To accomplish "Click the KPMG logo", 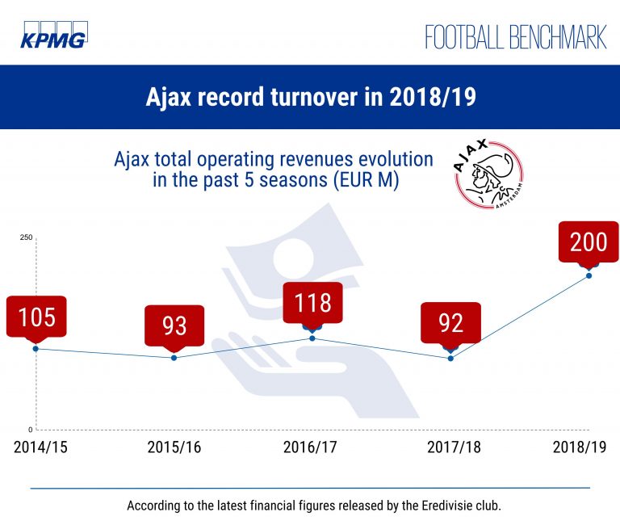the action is coord(54,35).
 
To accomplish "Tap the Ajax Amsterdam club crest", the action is coord(488,174).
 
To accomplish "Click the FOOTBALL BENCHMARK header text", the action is coord(516,37).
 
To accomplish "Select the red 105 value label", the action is coord(36,317).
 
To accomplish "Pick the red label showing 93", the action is coord(174,326).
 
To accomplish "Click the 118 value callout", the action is coord(312,304).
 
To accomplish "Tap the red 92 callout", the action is coord(450,323).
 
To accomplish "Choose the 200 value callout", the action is coord(589,242).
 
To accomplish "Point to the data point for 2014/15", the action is coord(36,349).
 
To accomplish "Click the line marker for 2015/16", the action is coord(174,358).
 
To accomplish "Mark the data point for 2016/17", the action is coord(312,338).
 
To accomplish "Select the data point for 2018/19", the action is coord(589,275).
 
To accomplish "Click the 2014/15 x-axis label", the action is coord(40,447).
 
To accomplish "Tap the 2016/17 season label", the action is coord(310,447).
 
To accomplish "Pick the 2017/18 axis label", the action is coord(454,447).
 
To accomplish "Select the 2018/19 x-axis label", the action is coord(580,447).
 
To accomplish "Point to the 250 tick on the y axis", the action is coord(26,237).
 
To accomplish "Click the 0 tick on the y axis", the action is coord(31,430).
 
